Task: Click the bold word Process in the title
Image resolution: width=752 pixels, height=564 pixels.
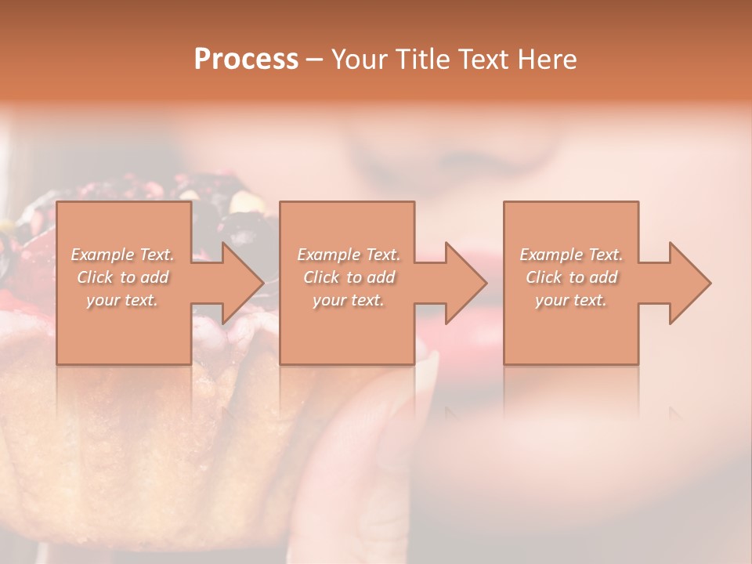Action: click(x=246, y=60)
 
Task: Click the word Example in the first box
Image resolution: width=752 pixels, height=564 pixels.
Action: click(x=102, y=255)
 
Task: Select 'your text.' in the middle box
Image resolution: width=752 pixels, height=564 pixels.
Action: click(x=348, y=300)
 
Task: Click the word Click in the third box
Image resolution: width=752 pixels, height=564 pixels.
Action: click(x=543, y=277)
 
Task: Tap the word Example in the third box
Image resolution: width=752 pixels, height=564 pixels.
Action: click(x=551, y=255)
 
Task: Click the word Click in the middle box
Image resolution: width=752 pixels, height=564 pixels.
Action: click(x=320, y=277)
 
